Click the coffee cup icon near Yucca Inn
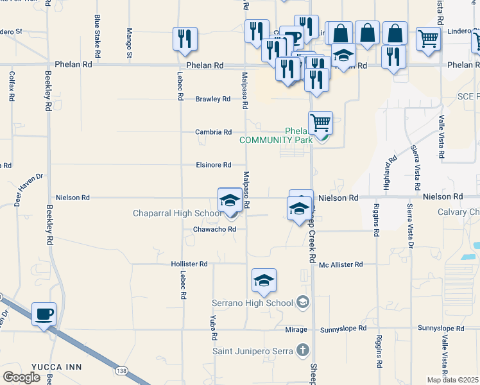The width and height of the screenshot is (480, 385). [44, 314]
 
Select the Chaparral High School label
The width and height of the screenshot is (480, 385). [177, 214]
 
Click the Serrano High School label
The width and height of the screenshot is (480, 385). [253, 302]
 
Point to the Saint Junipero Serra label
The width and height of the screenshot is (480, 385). [254, 350]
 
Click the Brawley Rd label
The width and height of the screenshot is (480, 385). [213, 99]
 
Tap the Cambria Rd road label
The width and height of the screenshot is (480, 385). [214, 132]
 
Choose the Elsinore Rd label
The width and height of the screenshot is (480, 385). [213, 165]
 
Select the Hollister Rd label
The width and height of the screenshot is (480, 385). [189, 264]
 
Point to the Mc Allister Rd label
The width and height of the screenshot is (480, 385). [341, 264]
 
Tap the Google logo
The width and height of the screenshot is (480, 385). [21, 377]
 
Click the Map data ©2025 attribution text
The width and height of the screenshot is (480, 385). [453, 380]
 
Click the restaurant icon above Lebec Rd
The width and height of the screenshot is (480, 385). [184, 38]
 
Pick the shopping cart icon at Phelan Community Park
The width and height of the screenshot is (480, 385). [320, 122]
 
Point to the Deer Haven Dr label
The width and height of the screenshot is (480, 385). [29, 189]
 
